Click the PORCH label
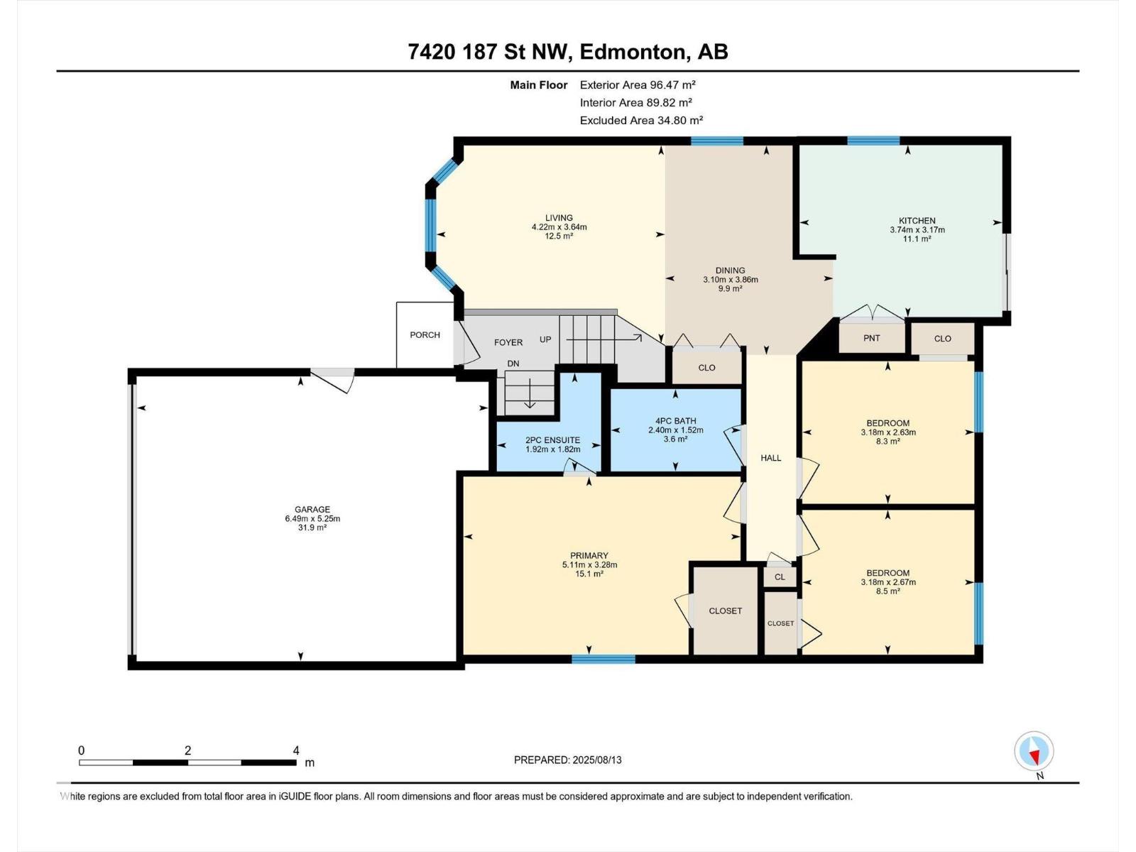point(425,334)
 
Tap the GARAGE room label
point(312,510)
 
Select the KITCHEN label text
point(917,221)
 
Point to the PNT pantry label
point(872,339)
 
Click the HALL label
point(770,458)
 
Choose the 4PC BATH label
point(675,421)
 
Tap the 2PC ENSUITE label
point(552,440)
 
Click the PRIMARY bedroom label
point(589,556)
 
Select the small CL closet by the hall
point(780,577)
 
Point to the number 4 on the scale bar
point(296,750)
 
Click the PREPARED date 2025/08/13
point(596,760)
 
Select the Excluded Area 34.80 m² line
point(641,121)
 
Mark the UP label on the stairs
point(545,340)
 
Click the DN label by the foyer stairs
point(513,364)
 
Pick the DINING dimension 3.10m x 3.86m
point(731,280)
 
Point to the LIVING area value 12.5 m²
point(559,236)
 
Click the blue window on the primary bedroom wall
point(603,659)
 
